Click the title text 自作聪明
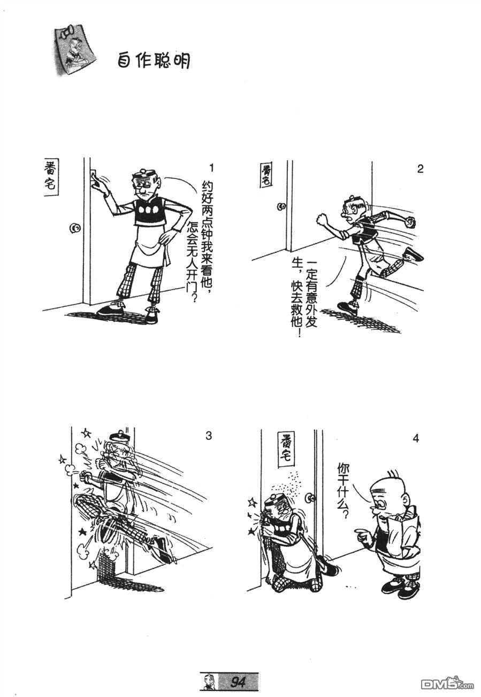coord(154,60)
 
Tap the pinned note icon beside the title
coord(74,51)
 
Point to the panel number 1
coord(211,168)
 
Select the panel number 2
coord(420,169)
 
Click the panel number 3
coord(209,436)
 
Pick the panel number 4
coord(416,438)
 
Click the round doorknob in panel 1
coord(75,228)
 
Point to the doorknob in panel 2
coord(282,206)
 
